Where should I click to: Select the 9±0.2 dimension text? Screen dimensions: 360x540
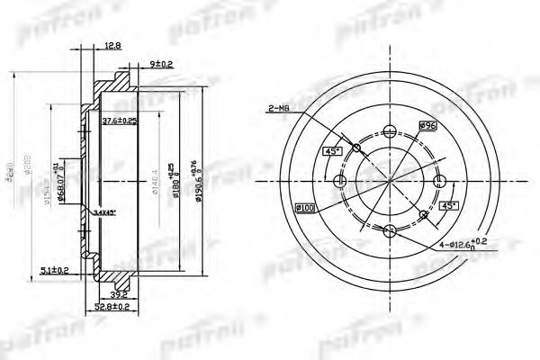[x=162, y=64]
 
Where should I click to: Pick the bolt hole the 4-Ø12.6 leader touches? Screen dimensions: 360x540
[x=389, y=232]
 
